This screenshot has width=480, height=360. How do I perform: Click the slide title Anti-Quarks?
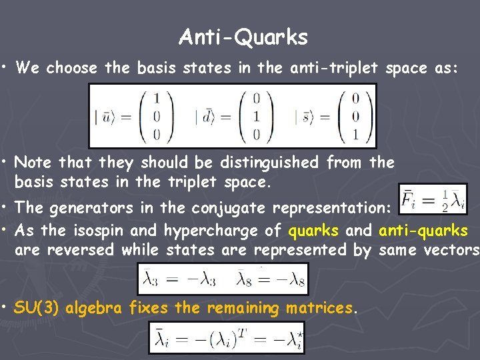[243, 37]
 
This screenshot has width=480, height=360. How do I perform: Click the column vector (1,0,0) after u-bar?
[155, 116]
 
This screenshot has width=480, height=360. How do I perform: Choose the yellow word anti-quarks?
[423, 231]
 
